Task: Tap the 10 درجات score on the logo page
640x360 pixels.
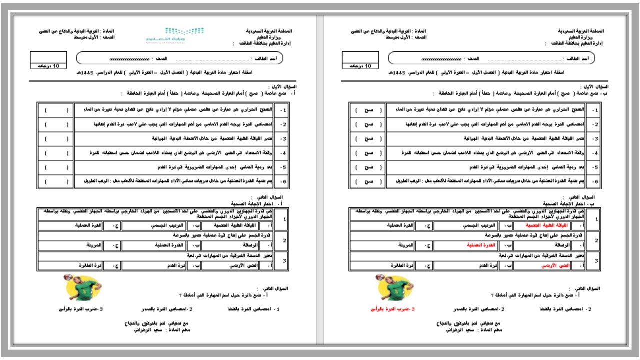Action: point(48,66)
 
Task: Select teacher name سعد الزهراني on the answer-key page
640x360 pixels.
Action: point(452,330)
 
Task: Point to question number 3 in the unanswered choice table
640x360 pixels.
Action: point(283,261)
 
